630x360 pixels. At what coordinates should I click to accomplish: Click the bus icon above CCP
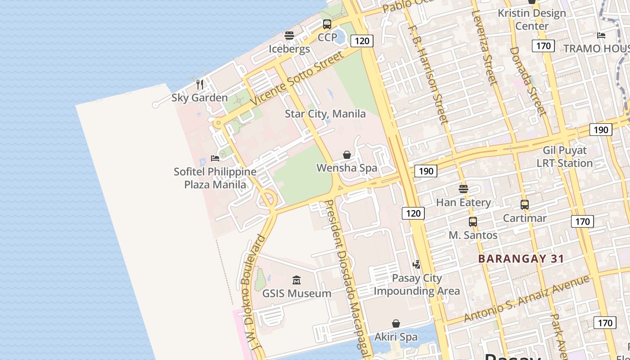[x=327, y=24]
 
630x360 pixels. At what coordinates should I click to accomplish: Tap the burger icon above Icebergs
[x=289, y=35]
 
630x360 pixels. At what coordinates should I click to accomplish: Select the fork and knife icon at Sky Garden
[x=200, y=84]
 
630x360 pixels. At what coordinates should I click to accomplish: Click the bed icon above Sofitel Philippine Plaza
[x=215, y=158]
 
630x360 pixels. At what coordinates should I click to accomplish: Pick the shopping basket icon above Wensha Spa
[x=347, y=155]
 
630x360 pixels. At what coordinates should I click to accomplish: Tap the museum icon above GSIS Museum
[x=297, y=280]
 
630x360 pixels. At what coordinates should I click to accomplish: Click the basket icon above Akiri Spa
[x=396, y=324]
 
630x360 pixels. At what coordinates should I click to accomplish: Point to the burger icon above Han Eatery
[x=463, y=189]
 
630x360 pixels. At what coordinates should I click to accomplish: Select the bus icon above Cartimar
[x=525, y=205]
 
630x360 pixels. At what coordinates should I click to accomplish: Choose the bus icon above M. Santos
[x=473, y=222]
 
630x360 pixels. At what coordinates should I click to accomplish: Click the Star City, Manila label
[x=325, y=114]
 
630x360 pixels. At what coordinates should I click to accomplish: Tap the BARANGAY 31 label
[x=521, y=259]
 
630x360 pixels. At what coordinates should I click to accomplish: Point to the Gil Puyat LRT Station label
[x=565, y=157]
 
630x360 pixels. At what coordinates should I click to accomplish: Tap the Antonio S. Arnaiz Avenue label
[x=526, y=298]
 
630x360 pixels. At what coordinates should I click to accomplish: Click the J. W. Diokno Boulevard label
[x=252, y=292]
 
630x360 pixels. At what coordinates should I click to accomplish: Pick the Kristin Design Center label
[x=532, y=19]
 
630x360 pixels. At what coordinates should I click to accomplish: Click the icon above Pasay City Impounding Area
[x=417, y=265]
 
